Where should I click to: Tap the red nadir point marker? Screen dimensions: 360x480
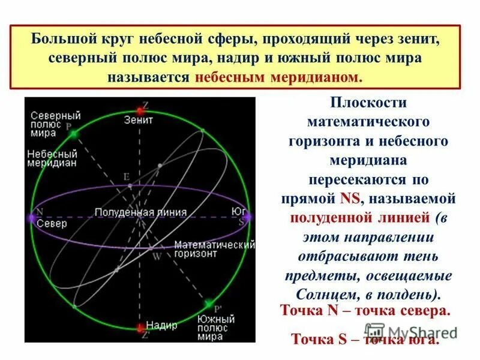point(140,327)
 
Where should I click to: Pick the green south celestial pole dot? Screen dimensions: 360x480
point(208,304)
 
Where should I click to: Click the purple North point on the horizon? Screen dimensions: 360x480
point(31,218)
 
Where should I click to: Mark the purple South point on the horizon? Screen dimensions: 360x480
point(250,217)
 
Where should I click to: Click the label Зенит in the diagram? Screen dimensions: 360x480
point(139,120)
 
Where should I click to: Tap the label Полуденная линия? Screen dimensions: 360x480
point(140,212)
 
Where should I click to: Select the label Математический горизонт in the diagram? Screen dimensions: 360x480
point(215,248)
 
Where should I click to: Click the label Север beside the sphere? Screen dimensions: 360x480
point(50,223)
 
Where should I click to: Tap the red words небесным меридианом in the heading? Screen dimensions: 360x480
point(279,78)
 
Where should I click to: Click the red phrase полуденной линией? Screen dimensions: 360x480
point(360,217)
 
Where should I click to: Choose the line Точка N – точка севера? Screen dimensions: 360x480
point(365,312)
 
